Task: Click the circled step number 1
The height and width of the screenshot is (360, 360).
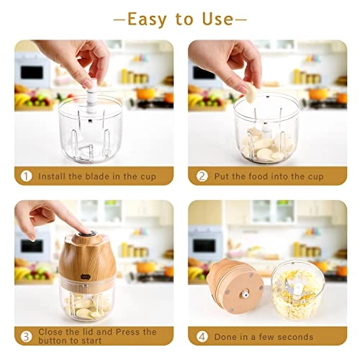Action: point(26,176)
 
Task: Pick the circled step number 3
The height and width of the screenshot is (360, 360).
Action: point(26,336)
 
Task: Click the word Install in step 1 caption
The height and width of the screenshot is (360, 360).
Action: point(55,176)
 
